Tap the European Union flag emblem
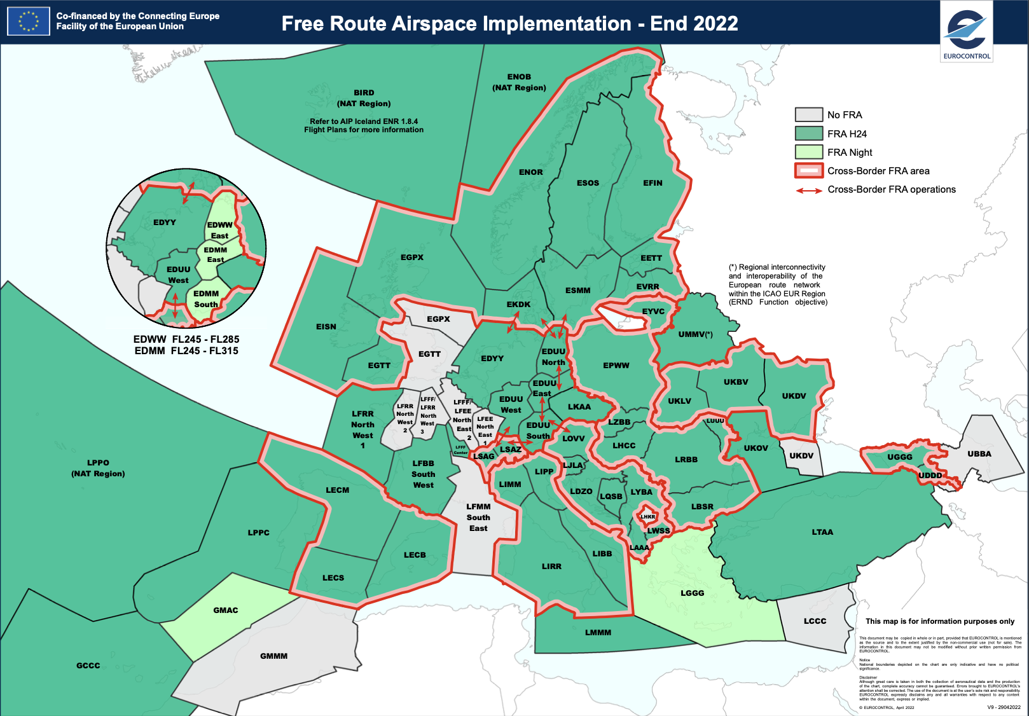point(28,21)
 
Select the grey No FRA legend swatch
point(808,114)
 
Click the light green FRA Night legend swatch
point(808,152)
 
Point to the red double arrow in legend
point(809,190)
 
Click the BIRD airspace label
point(364,93)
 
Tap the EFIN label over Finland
point(653,183)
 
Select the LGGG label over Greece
point(692,593)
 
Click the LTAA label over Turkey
point(822,532)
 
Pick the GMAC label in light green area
point(225,610)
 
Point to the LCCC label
point(815,621)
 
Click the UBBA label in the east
point(979,454)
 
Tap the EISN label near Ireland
point(326,327)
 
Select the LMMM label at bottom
point(598,633)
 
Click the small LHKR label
point(647,517)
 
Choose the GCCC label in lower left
point(88,666)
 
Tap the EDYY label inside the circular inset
point(164,223)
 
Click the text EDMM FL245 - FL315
point(186,351)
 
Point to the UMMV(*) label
point(695,334)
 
